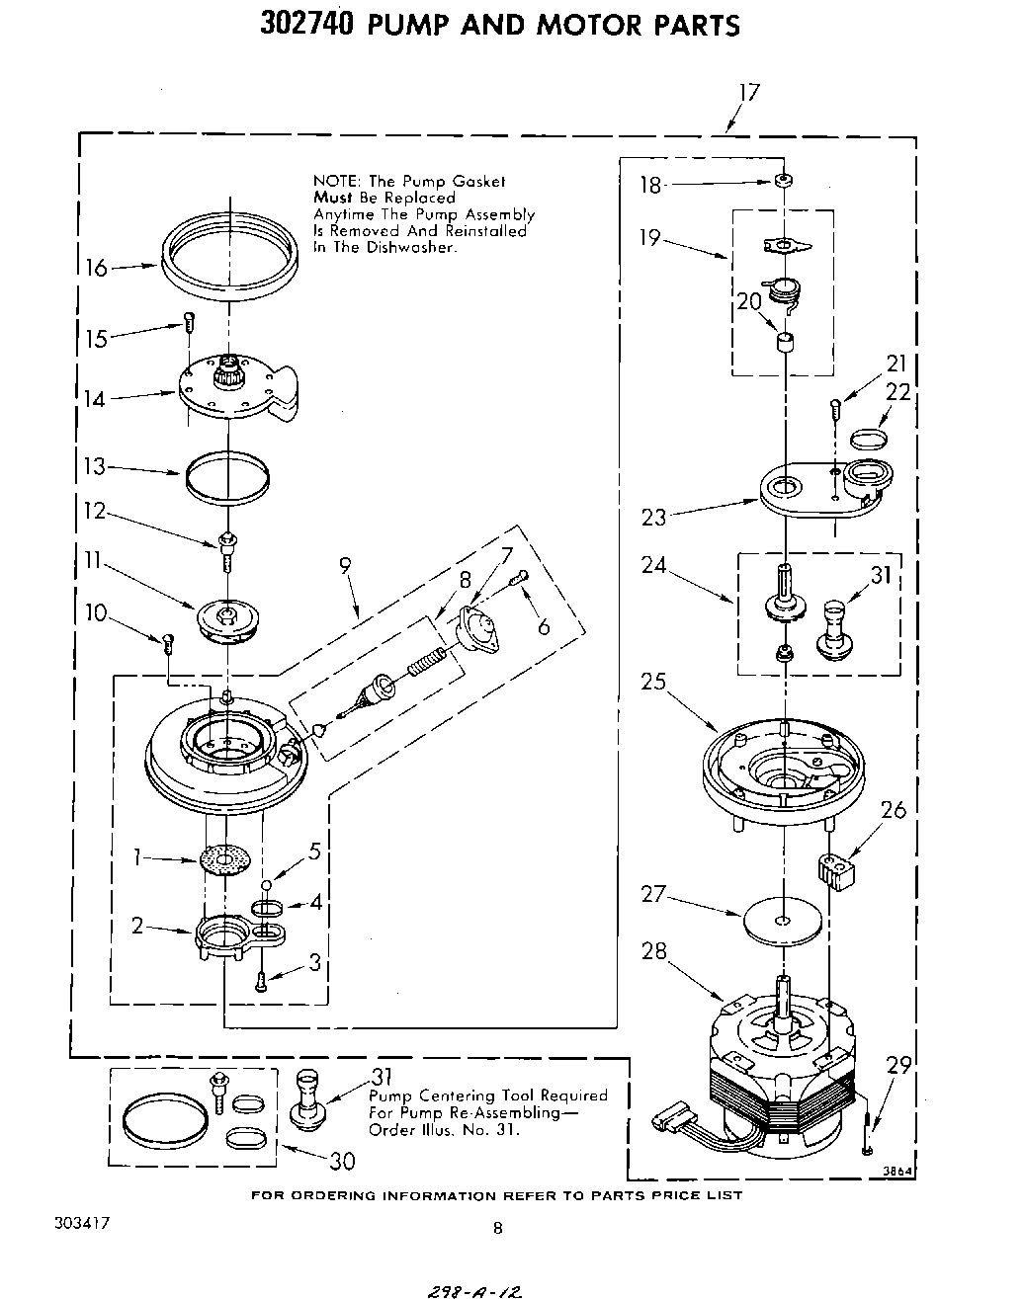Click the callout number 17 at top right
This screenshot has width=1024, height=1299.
tap(748, 92)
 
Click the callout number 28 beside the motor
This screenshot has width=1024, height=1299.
tap(654, 951)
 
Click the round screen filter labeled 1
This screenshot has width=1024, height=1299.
tap(223, 860)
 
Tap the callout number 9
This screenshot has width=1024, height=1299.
tap(345, 565)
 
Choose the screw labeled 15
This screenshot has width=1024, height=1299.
tap(189, 322)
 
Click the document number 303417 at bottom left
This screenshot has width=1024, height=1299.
tap(82, 1222)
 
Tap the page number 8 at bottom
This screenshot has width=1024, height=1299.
tap(498, 1229)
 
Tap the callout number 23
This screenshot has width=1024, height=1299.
tap(654, 516)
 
